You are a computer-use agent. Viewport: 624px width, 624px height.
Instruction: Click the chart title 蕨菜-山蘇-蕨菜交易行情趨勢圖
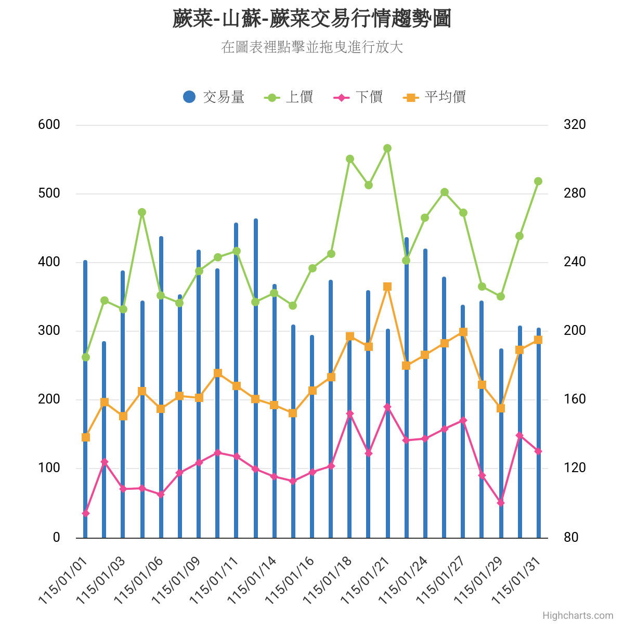[x=311, y=19]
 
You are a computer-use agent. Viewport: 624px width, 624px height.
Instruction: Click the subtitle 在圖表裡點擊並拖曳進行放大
[x=312, y=47]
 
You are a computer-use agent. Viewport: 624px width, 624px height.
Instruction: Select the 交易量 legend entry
[x=214, y=97]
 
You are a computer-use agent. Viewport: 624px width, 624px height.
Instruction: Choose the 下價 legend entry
[x=358, y=97]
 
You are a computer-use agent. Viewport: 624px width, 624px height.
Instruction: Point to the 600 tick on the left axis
[x=49, y=125]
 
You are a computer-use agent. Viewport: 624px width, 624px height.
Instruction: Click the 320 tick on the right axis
[x=575, y=125]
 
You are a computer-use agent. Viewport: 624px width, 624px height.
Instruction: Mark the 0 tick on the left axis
[x=56, y=537]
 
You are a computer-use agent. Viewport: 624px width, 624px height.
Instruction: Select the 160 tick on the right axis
[x=575, y=399]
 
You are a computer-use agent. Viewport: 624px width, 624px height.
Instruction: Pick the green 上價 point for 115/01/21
[x=387, y=148]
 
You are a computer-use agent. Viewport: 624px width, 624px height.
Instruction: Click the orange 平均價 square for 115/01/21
[x=387, y=287]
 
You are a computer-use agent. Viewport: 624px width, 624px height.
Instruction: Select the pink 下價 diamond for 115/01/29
[x=501, y=502]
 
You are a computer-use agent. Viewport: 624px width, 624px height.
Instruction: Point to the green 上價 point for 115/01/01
[x=86, y=357]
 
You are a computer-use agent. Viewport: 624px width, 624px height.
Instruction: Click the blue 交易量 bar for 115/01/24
[x=425, y=390]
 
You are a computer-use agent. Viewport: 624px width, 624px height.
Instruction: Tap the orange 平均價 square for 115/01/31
[x=538, y=340]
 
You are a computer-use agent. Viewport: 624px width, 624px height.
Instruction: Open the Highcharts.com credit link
[x=578, y=616]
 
